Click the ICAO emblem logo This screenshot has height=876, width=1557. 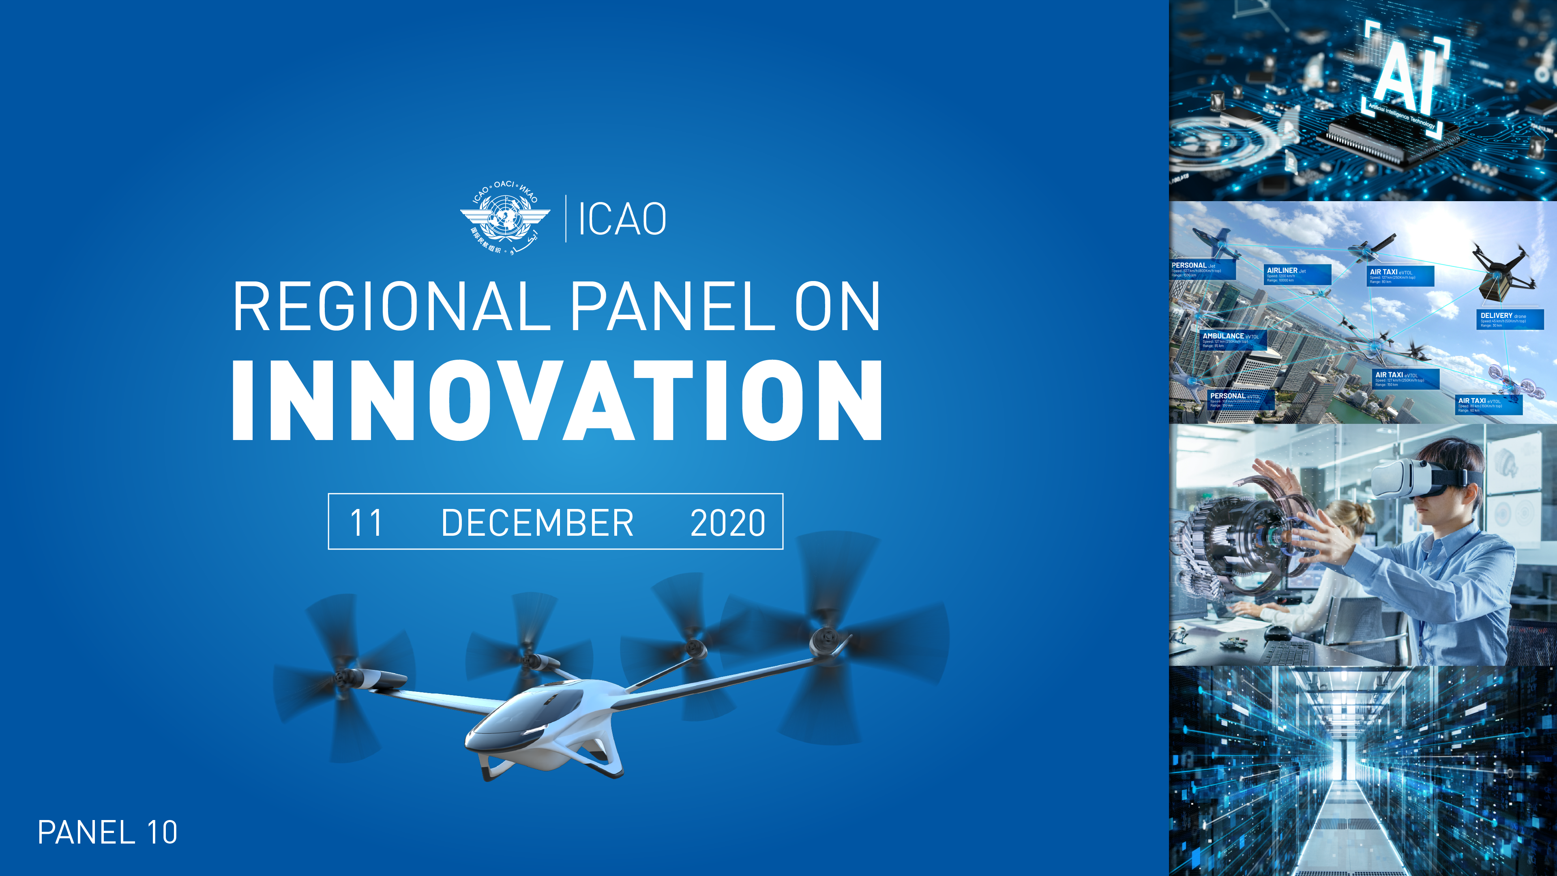click(x=505, y=218)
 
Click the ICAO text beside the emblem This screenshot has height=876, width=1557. click(x=622, y=219)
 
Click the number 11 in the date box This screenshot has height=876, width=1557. click(x=366, y=523)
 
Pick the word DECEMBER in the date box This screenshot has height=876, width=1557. click(x=537, y=523)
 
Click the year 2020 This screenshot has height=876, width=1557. click(x=728, y=523)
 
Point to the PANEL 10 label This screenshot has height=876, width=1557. click(x=107, y=833)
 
